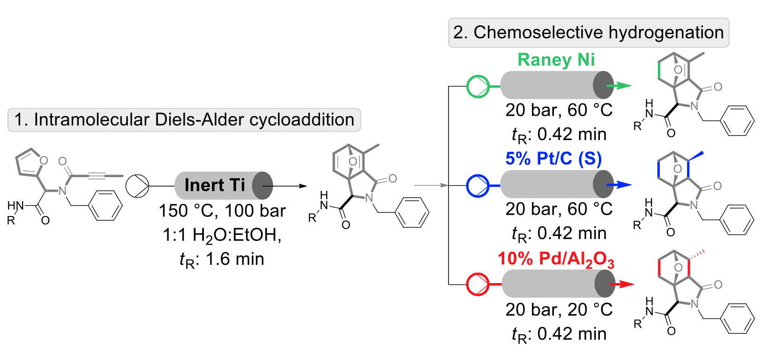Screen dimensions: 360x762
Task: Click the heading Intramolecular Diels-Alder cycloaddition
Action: (184, 120)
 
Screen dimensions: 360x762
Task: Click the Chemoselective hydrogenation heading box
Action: (589, 33)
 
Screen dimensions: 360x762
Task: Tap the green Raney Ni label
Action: (556, 60)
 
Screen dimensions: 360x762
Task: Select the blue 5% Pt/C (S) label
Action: (553, 159)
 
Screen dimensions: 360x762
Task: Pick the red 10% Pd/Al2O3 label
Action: (556, 259)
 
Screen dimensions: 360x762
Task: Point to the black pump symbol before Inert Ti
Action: (137, 186)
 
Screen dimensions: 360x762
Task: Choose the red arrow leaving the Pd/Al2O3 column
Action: (622, 284)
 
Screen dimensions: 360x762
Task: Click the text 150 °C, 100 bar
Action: (222, 211)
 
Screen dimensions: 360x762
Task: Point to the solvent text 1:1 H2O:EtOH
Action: (222, 235)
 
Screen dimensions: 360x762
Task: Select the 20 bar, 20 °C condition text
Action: (559, 310)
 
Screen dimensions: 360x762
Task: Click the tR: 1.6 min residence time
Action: (222, 259)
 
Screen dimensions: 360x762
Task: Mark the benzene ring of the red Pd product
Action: (737, 319)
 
